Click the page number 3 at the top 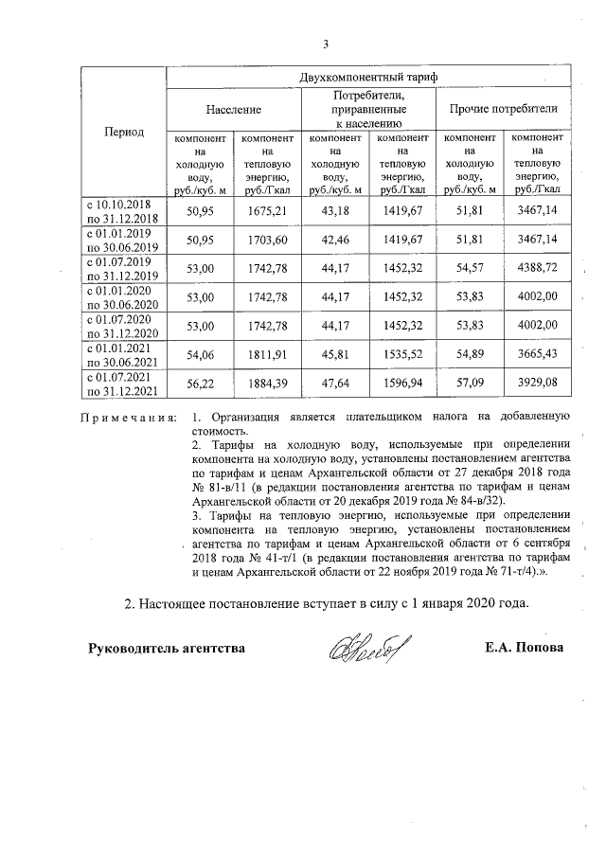(x=325, y=43)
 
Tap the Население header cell (x=234, y=110)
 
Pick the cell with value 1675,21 (x=267, y=208)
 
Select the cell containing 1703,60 (x=267, y=239)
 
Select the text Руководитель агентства (x=167, y=649)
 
